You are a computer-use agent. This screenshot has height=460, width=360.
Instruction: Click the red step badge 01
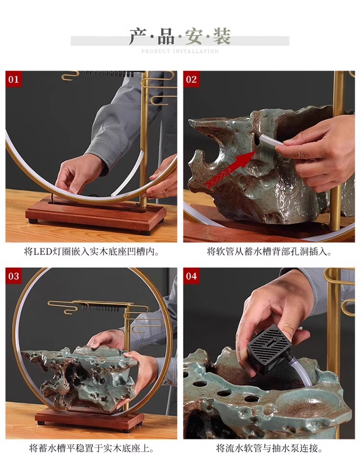(13, 79)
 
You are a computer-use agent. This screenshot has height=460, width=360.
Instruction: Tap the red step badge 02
(191, 79)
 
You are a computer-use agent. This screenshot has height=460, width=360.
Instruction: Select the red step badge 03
(13, 276)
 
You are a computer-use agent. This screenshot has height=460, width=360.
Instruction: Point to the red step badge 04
(191, 276)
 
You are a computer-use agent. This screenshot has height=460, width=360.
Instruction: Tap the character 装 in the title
(221, 36)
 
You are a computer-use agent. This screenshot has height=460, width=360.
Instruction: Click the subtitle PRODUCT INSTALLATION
(180, 51)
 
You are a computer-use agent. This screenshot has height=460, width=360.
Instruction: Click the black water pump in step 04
(268, 349)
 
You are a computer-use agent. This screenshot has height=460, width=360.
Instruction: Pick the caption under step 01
(92, 251)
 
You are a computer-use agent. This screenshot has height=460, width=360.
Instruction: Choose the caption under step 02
(269, 251)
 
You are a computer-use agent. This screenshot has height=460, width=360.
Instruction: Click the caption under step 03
(92, 448)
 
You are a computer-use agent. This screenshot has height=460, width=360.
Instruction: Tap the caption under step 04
(269, 448)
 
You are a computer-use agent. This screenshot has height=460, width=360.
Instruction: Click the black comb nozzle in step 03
(100, 308)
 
